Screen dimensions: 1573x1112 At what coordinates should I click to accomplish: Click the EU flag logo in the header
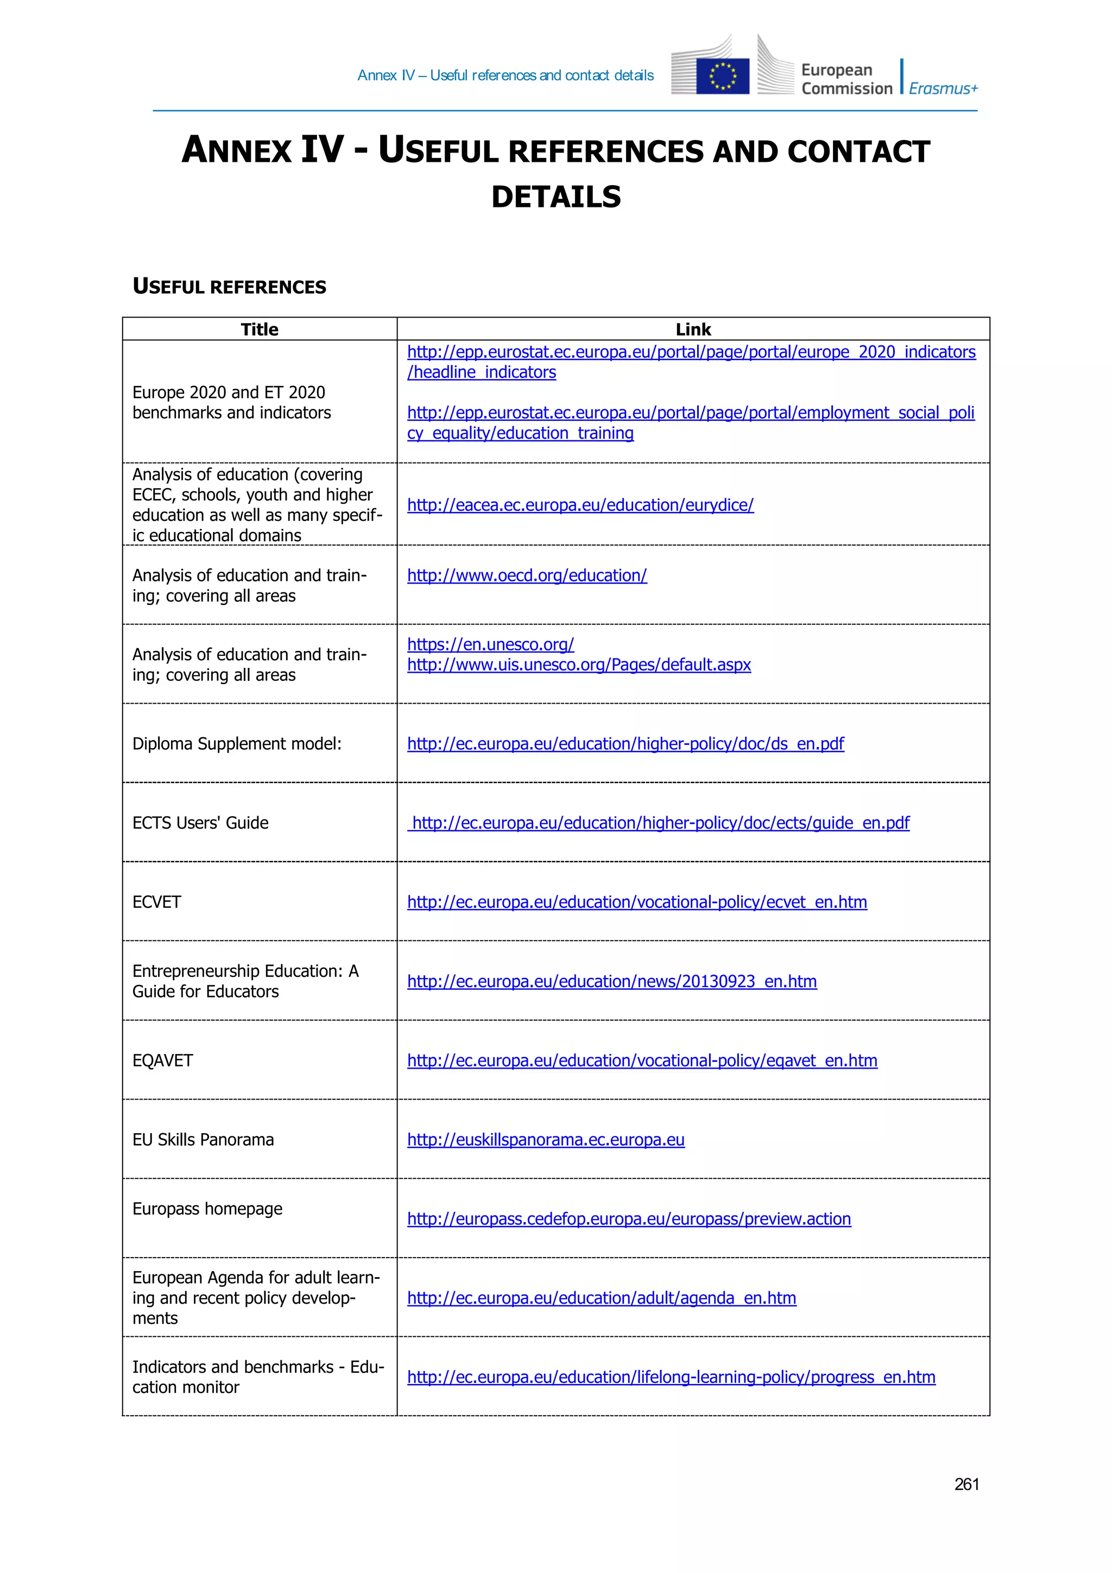pyautogui.click(x=722, y=76)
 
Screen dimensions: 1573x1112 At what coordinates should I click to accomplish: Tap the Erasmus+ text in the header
pyautogui.click(x=943, y=89)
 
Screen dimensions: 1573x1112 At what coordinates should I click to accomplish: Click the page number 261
pyautogui.click(x=966, y=1484)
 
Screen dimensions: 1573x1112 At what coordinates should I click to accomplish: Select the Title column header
pyautogui.click(x=260, y=330)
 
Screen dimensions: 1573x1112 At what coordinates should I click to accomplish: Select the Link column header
pyautogui.click(x=693, y=330)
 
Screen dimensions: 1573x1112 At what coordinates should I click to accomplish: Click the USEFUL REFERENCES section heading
pyautogui.click(x=230, y=286)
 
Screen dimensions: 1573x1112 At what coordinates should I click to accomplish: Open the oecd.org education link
pyautogui.click(x=526, y=576)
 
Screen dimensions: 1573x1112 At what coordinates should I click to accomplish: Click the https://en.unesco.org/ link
pyautogui.click(x=490, y=644)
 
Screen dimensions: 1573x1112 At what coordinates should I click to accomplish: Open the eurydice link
pyautogui.click(x=580, y=505)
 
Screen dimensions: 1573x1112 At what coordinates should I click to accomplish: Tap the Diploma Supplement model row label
pyautogui.click(x=236, y=743)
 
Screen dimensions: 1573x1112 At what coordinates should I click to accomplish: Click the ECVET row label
pyautogui.click(x=157, y=901)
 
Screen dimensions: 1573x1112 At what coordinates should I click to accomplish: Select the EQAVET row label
pyautogui.click(x=162, y=1060)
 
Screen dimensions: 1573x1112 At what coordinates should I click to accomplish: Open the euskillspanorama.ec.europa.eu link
pyautogui.click(x=545, y=1139)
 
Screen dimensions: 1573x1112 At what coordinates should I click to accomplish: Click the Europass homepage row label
pyautogui.click(x=207, y=1209)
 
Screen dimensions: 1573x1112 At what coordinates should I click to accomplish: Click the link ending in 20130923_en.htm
pyautogui.click(x=611, y=981)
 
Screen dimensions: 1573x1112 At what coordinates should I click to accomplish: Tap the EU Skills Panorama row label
pyautogui.click(x=203, y=1139)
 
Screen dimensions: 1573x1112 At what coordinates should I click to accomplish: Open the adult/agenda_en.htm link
pyautogui.click(x=601, y=1298)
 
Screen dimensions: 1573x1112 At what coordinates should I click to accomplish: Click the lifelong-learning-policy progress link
pyautogui.click(x=671, y=1377)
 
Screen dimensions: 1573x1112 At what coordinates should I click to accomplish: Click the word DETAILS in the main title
pyautogui.click(x=555, y=197)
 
